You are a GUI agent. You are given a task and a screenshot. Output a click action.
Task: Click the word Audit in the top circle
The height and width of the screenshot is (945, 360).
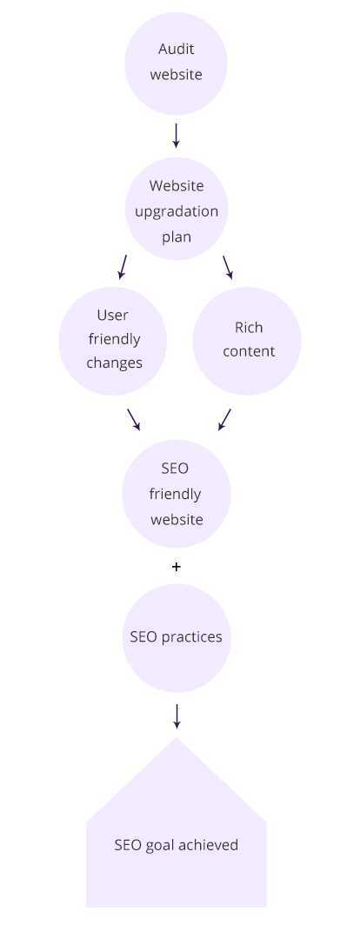[x=176, y=49]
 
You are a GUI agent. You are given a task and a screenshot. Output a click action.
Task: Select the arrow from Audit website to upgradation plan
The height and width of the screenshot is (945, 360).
[x=176, y=136]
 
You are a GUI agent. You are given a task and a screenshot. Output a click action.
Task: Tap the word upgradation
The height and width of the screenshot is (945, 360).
[x=176, y=212]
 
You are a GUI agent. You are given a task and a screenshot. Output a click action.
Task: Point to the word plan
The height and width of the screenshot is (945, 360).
[x=176, y=236]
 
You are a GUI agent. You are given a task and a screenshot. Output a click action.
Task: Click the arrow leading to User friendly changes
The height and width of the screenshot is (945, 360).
[x=123, y=267]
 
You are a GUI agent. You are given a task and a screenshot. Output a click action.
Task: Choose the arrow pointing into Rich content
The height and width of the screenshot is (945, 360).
[x=228, y=268]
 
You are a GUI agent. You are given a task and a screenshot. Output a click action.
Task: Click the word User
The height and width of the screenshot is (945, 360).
[x=113, y=315]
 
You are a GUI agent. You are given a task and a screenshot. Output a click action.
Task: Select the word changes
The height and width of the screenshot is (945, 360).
[x=114, y=363]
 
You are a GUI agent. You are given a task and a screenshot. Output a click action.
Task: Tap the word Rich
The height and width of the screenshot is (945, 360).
[x=249, y=327]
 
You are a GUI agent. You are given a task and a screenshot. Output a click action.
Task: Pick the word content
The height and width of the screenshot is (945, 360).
[x=249, y=351]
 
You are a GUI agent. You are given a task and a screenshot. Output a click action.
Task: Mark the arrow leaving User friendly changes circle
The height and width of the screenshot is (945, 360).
[x=133, y=420]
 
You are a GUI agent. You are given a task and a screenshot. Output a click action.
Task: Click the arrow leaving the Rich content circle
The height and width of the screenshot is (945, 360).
[x=224, y=419]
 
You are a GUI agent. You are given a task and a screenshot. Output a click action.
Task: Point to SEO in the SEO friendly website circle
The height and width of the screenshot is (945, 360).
[x=175, y=469]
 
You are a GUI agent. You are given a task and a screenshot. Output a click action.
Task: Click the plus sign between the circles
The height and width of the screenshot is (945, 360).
[x=176, y=567]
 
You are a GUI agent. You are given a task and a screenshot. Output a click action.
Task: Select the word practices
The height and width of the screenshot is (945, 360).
[x=191, y=637]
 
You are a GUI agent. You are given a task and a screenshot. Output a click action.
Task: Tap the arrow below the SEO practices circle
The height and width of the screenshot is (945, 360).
[x=177, y=716]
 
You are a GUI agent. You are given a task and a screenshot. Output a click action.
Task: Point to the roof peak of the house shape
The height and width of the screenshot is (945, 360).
[x=176, y=738]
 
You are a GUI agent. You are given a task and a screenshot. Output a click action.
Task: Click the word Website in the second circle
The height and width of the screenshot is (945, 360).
[x=176, y=186]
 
